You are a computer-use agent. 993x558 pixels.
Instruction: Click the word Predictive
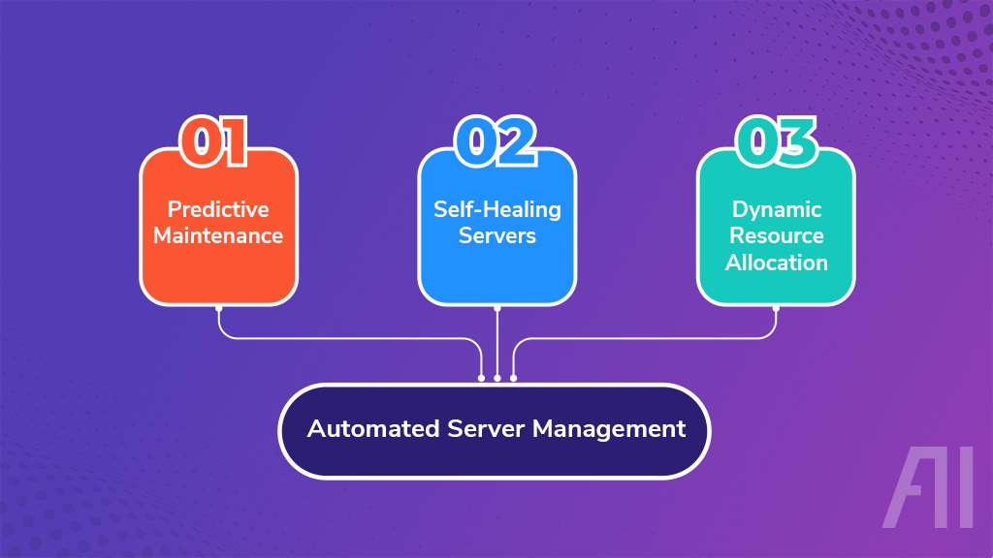(x=218, y=209)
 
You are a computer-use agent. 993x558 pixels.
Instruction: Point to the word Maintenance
(x=218, y=235)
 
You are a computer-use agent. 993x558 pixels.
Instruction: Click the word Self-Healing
(x=497, y=209)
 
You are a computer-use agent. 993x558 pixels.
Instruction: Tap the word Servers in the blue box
(x=497, y=235)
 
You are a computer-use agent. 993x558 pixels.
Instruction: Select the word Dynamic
(x=777, y=209)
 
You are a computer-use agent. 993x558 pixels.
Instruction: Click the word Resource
(x=777, y=235)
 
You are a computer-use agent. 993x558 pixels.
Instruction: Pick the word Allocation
(x=777, y=262)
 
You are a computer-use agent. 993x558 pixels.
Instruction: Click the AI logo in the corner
(x=928, y=488)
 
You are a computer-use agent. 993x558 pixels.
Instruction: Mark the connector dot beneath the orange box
(x=219, y=308)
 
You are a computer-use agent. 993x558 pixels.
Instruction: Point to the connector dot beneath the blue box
(x=497, y=308)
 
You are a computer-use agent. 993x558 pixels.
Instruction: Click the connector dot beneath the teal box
(x=776, y=308)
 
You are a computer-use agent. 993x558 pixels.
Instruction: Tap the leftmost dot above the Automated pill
(x=481, y=378)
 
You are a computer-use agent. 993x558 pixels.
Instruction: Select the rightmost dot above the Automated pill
(x=514, y=378)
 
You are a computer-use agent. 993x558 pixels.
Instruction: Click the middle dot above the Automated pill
(x=497, y=378)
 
